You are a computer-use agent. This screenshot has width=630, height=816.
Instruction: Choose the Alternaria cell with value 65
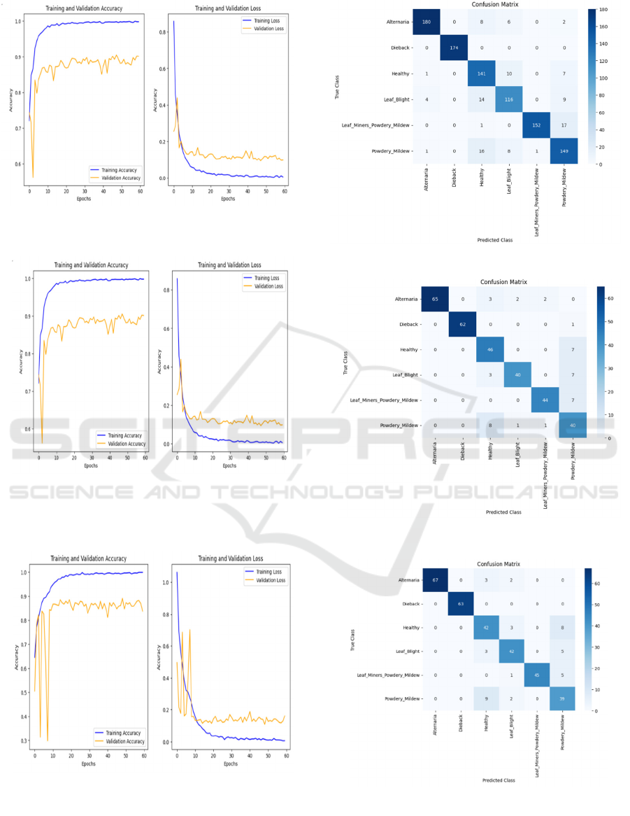(436, 299)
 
